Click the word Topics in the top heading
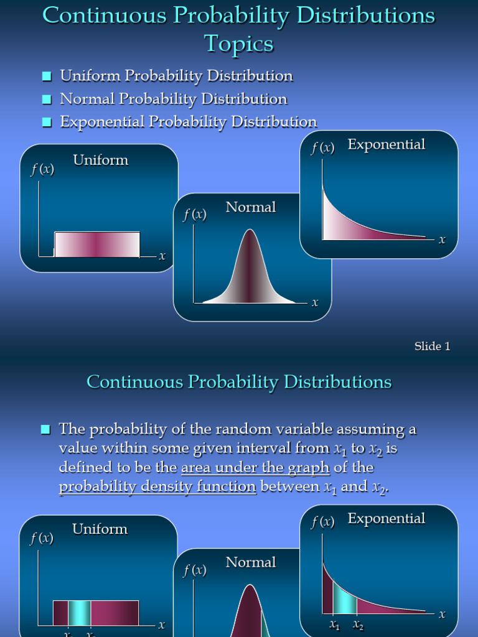[239, 44]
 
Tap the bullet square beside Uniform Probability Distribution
[47, 77]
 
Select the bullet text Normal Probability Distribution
[174, 99]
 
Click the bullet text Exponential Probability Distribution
[189, 121]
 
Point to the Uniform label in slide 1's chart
[101, 160]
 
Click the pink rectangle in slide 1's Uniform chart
[97, 244]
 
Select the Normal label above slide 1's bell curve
[251, 207]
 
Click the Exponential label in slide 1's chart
[387, 144]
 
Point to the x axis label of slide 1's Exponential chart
[442, 239]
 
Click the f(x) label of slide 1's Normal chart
[195, 215]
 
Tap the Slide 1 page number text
[433, 346]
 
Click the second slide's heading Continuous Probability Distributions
[239, 381]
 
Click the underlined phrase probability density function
[157, 487]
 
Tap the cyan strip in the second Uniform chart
[79, 613]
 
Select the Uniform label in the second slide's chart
[100, 529]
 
